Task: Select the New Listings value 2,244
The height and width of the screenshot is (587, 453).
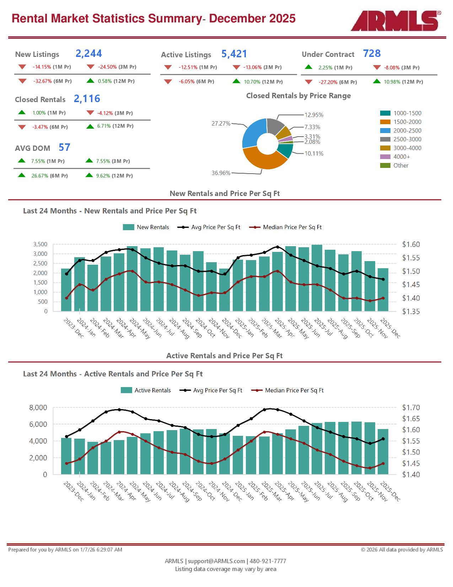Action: [x=88, y=54]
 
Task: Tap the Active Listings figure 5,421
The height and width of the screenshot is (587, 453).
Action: [x=234, y=54]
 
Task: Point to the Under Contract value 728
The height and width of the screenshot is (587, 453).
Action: [x=372, y=54]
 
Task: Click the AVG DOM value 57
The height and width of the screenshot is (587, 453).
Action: [x=64, y=147]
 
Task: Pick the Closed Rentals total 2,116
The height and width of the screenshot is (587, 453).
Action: [x=87, y=99]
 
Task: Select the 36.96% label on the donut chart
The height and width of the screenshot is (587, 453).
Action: [x=221, y=173]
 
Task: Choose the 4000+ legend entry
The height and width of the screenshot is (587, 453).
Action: [x=401, y=157]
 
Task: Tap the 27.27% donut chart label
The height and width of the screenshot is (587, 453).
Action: [x=221, y=124]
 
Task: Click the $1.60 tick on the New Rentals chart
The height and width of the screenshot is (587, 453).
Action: [x=411, y=244]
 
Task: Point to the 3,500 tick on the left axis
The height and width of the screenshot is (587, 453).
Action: [x=40, y=244]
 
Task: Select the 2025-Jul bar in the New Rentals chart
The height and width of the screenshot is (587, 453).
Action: [x=317, y=277]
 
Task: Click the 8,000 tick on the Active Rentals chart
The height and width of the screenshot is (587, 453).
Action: [x=38, y=408]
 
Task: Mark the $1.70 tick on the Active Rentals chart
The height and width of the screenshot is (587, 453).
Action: [x=411, y=408]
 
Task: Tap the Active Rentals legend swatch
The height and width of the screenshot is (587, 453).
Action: [x=126, y=390]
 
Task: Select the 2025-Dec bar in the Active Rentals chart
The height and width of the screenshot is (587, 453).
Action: [x=383, y=451]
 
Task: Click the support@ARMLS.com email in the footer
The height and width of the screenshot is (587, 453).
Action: [x=216, y=561]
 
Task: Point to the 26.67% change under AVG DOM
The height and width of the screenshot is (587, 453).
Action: [x=39, y=176]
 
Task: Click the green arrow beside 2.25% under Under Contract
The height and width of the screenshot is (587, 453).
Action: [x=308, y=67]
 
